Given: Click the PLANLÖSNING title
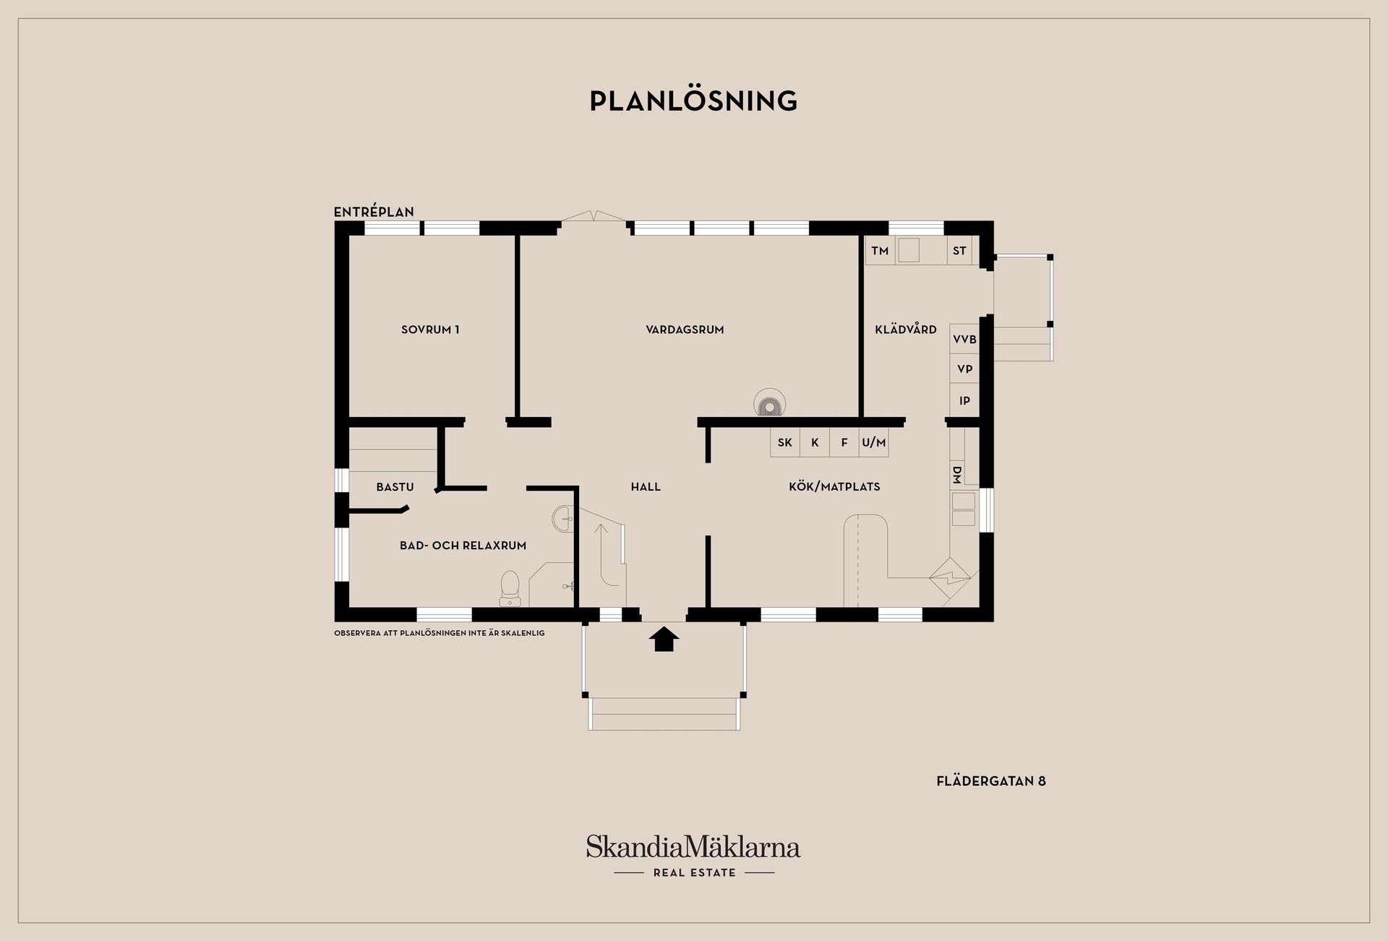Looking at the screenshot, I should click(x=693, y=101).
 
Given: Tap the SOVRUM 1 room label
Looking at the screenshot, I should click(x=430, y=330).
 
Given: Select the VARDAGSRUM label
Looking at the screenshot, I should click(x=685, y=330).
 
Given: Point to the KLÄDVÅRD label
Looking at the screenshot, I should click(x=905, y=330).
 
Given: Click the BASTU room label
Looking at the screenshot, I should click(x=395, y=487).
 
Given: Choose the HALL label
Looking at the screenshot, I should click(x=646, y=487).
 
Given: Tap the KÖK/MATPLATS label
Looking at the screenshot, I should click(x=834, y=487).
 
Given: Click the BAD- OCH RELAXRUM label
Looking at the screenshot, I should click(x=463, y=546).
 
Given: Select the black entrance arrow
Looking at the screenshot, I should click(x=664, y=639).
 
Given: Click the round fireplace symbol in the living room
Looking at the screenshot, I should click(x=769, y=405).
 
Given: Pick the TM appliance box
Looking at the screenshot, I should click(x=880, y=251).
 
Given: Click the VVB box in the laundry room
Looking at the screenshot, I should click(x=964, y=339).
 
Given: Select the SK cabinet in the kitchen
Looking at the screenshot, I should click(x=785, y=442).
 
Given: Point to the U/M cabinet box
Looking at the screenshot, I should click(x=873, y=442).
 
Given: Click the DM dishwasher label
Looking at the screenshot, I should click(x=956, y=475).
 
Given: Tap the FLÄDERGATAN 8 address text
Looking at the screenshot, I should click(x=991, y=781).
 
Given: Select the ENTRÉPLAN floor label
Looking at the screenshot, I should click(x=374, y=212).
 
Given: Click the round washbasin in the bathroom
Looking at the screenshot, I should click(x=563, y=519).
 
